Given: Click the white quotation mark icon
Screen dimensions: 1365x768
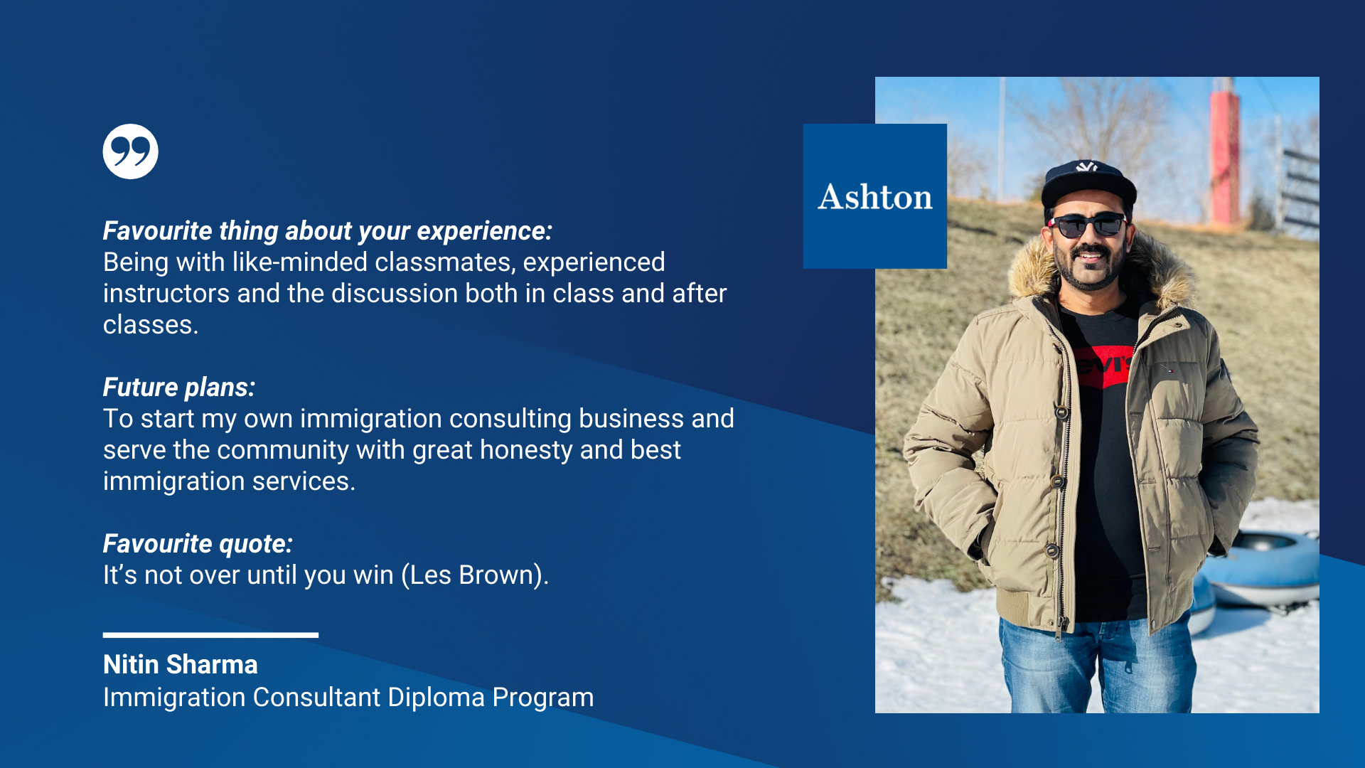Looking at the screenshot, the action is coord(130,151).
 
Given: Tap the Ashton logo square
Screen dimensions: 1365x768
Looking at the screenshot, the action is coord(875,196).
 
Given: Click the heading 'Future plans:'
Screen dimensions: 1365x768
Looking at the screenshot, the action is coord(179,388).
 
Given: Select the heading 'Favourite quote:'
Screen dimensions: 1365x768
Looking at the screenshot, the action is coord(198,544).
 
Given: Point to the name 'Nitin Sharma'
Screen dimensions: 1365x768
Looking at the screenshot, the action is coord(181,664).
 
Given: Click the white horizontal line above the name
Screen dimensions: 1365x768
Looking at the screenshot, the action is coord(210,635).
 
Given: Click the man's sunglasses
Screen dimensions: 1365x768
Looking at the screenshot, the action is coord(1088,225).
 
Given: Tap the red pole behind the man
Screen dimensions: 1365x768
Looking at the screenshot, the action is coord(1225,153).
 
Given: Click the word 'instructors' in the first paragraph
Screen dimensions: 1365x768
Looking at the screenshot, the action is coord(166,294).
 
